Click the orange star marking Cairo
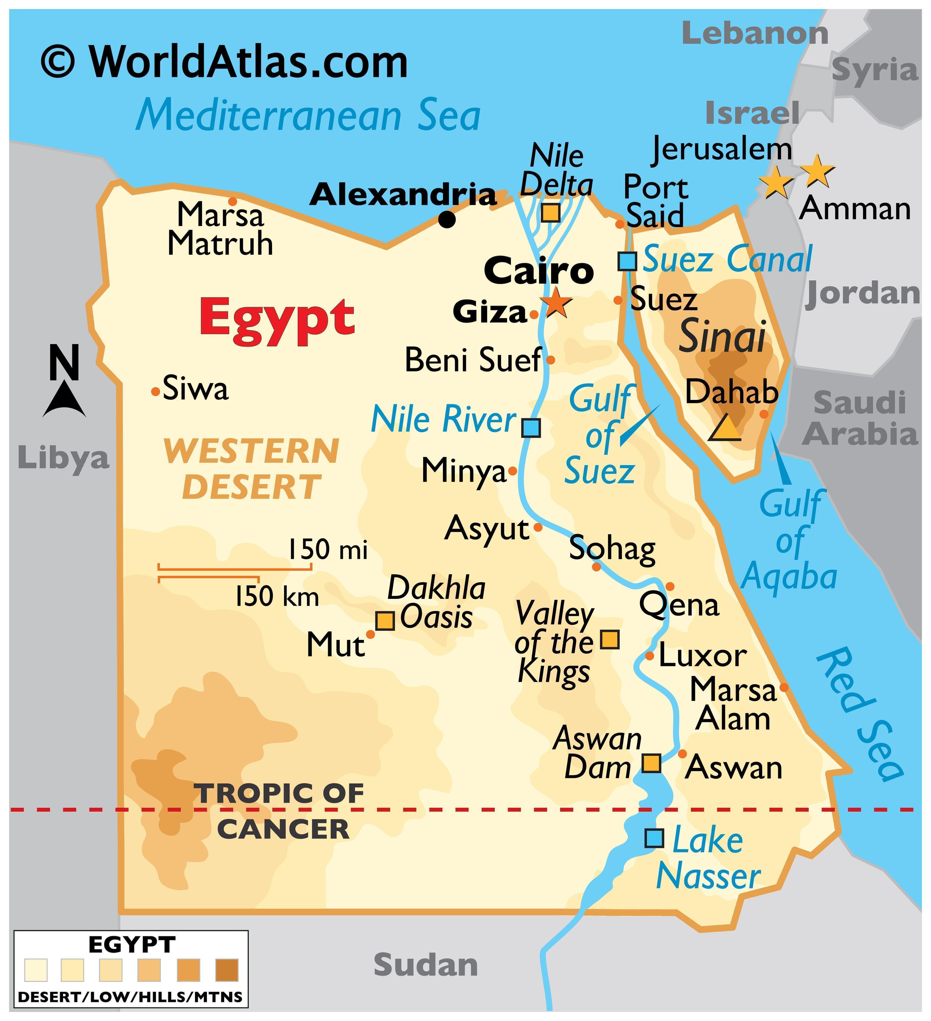(556, 303)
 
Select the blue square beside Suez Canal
(627, 261)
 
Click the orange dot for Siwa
(155, 392)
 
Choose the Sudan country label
(426, 965)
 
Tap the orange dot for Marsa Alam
(783, 687)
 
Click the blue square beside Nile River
(531, 427)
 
